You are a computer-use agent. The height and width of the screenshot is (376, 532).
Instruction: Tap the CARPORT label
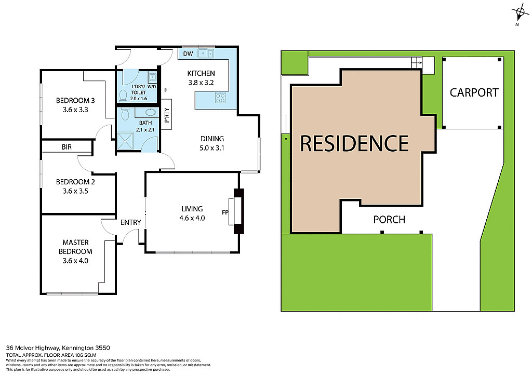pos(474,92)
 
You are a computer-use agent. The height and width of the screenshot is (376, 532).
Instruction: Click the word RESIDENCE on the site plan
pos(354,143)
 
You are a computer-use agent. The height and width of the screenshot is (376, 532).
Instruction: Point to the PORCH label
pos(389,219)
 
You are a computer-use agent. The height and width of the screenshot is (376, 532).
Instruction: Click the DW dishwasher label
pos(188,53)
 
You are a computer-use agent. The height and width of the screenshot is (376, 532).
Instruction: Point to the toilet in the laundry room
pos(123,95)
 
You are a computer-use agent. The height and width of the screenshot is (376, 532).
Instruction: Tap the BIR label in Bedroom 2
pos(66,147)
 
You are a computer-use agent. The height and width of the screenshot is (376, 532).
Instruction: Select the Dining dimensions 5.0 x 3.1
pos(212,148)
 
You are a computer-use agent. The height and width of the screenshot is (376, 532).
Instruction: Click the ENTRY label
pos(130,222)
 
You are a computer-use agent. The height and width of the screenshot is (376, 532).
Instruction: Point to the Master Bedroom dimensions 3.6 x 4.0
pos(75,261)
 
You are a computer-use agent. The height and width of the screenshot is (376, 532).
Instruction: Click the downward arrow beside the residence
pos(285,137)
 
